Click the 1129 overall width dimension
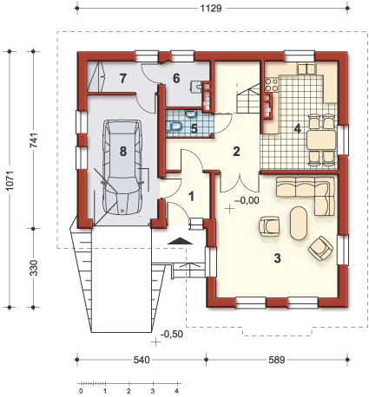pyautogui.click(x=211, y=9)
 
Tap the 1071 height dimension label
pyautogui.click(x=10, y=179)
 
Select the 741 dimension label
pyautogui.click(x=34, y=140)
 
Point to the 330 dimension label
pyautogui.click(x=34, y=268)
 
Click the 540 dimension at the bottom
pyautogui.click(x=142, y=360)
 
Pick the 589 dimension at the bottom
pyautogui.click(x=277, y=360)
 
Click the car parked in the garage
pyautogui.click(x=122, y=167)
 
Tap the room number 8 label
pyautogui.click(x=123, y=151)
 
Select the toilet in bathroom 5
pyautogui.click(x=175, y=126)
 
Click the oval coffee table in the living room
pyautogui.click(x=299, y=223)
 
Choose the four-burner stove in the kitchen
pyautogui.click(x=272, y=85)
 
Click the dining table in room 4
pyautogui.click(x=321, y=140)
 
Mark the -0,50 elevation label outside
pyautogui.click(x=172, y=334)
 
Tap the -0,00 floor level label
pyautogui.click(x=247, y=200)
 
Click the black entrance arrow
pyautogui.click(x=180, y=241)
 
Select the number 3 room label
pyautogui.click(x=277, y=258)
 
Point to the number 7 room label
pyautogui.click(x=123, y=78)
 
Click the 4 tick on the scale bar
pyautogui.click(x=176, y=391)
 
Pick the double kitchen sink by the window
pyautogui.click(x=306, y=68)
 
